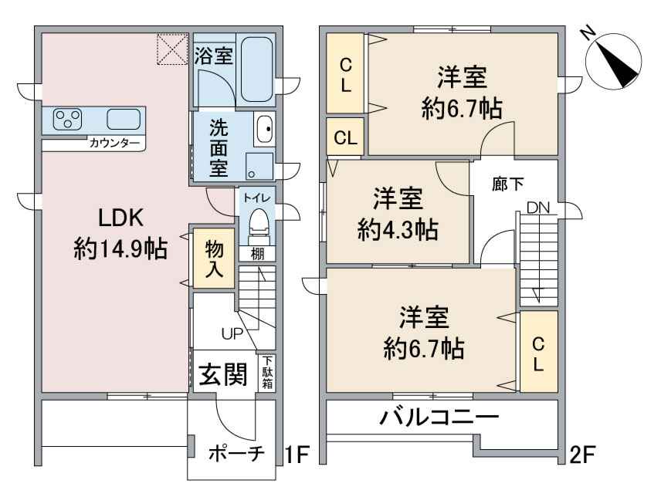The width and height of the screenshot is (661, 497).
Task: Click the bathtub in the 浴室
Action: point(256,69)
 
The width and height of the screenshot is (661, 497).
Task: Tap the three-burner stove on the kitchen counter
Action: point(67,119)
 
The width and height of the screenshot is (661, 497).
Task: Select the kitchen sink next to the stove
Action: point(124,119)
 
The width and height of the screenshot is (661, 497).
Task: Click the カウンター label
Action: point(114,144)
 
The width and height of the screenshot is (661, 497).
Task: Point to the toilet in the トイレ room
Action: point(258,224)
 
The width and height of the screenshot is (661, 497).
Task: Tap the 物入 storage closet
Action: point(214,258)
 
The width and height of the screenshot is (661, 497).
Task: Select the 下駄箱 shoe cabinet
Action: point(267,372)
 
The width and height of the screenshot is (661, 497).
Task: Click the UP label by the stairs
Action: point(232,334)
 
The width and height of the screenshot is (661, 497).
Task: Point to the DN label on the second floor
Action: point(538,208)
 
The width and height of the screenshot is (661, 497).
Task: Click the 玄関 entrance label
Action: point(223,374)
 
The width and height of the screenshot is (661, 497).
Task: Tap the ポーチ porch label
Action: point(237,454)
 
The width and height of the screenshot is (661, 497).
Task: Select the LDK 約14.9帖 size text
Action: point(121,233)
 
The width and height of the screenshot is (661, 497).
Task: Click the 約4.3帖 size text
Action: point(398,230)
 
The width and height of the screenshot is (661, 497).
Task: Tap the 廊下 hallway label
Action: point(507,184)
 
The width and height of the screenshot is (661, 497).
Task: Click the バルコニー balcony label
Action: point(439,417)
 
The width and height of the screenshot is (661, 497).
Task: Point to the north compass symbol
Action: point(614,62)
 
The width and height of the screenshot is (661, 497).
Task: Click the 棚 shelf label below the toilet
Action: point(257,254)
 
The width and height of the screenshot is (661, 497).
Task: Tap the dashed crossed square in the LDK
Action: point(172,49)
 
